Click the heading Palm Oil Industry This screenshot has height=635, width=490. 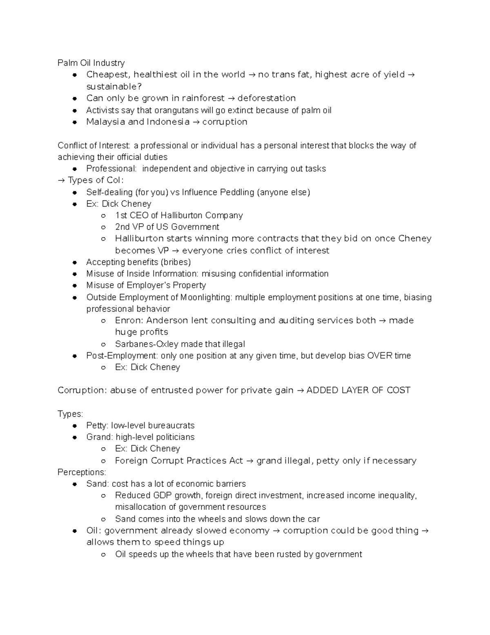click(x=91, y=63)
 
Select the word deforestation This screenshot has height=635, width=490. click(x=267, y=99)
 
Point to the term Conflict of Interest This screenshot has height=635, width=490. click(x=94, y=146)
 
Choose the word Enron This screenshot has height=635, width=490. click(x=128, y=321)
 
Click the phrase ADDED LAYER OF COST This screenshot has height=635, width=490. click(x=358, y=390)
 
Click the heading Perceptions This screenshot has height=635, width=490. click(x=81, y=472)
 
